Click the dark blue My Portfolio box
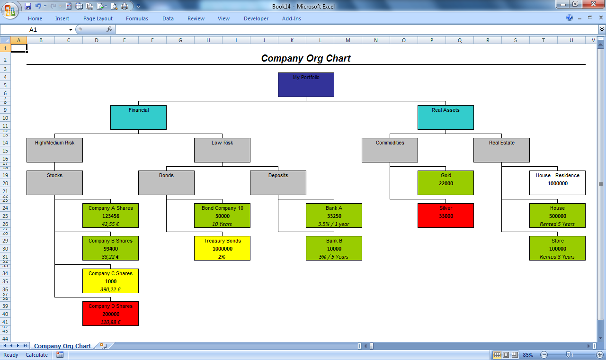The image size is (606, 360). [x=306, y=85]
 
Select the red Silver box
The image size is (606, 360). [x=446, y=216]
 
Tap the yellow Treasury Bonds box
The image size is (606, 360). [x=222, y=248]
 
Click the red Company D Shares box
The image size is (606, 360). [x=110, y=314]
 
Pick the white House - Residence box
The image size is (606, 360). [x=557, y=183]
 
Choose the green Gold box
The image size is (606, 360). [x=446, y=183]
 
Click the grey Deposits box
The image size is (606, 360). [x=278, y=183]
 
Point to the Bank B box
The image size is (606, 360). [x=334, y=248]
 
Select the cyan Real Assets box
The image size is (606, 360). [x=446, y=117]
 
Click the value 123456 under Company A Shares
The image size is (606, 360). [x=111, y=216]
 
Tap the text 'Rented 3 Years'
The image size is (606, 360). [x=557, y=257]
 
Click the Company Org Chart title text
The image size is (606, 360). [x=306, y=58]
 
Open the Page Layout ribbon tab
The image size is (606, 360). [x=98, y=18]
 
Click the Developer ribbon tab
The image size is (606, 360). [x=256, y=18]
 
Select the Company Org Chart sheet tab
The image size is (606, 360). [x=62, y=346]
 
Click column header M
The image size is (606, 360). [x=348, y=40]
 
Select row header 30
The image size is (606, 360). [x=5, y=249]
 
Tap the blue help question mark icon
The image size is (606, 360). [x=569, y=18]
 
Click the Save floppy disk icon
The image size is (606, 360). [x=28, y=6]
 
